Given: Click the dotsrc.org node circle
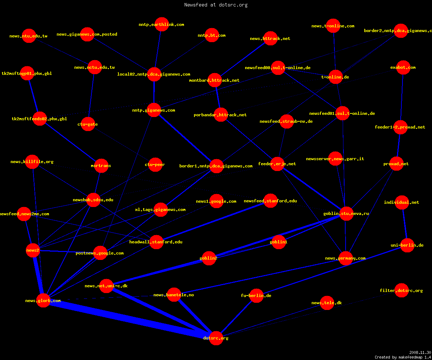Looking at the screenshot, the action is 216,338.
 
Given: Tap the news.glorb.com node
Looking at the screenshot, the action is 43,300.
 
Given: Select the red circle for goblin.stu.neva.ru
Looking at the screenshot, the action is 346,213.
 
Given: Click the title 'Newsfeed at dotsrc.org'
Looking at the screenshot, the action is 216,5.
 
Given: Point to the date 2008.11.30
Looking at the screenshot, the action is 420,352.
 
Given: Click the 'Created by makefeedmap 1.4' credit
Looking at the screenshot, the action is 403,357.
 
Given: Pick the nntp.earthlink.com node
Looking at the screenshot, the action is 162,24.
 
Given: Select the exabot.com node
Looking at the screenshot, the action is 403,67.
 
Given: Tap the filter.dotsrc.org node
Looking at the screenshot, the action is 402,290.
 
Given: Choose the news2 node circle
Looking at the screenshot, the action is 33,250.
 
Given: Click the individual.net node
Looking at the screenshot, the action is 402,202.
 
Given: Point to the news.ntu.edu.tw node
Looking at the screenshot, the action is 29,36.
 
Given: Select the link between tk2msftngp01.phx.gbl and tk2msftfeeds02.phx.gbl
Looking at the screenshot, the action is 33,96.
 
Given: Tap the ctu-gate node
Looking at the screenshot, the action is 88,124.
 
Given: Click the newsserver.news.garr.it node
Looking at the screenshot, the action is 335,159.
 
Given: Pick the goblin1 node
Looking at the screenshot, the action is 279,242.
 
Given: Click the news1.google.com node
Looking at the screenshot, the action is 217,201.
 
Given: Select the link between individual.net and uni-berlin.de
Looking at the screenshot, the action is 405,224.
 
